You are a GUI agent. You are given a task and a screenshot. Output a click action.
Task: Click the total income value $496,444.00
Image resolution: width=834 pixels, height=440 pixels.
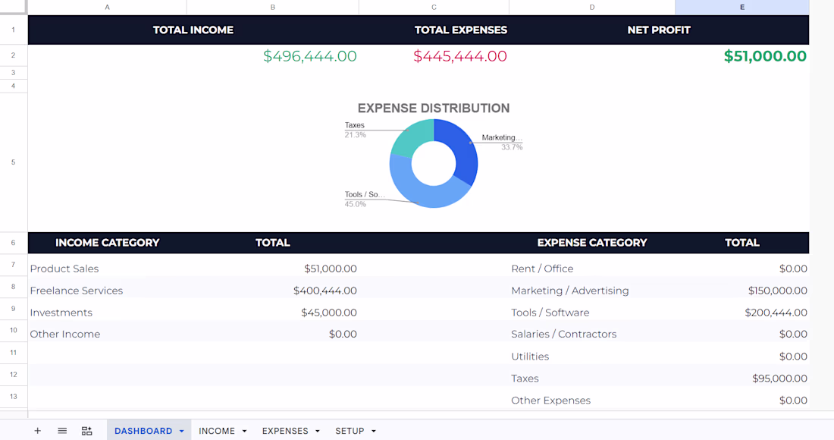click(x=309, y=56)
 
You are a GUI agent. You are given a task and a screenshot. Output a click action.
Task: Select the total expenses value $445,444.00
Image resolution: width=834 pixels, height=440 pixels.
click(x=460, y=56)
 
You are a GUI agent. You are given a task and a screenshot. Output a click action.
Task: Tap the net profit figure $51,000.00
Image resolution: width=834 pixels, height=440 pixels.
click(x=765, y=56)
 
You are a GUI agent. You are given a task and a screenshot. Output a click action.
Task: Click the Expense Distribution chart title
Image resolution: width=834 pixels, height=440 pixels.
click(x=434, y=108)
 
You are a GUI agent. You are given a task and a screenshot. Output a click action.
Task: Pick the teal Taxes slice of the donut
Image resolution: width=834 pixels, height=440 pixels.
click(x=412, y=137)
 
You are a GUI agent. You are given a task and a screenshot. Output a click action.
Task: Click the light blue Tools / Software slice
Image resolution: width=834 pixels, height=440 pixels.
click(x=420, y=186)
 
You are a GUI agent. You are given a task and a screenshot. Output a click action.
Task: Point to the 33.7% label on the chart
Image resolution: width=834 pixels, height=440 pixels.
click(x=512, y=147)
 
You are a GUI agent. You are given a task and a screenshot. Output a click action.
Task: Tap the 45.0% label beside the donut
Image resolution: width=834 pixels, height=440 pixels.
click(x=356, y=204)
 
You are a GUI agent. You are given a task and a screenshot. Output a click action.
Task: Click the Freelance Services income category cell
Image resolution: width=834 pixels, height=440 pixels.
click(x=76, y=291)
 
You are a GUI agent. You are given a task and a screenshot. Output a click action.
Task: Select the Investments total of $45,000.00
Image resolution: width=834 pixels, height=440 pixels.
click(x=329, y=313)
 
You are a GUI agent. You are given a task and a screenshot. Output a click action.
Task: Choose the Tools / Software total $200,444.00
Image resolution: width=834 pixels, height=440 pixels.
click(x=776, y=313)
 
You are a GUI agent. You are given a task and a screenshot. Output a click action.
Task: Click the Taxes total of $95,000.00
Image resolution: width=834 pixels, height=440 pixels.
click(x=779, y=379)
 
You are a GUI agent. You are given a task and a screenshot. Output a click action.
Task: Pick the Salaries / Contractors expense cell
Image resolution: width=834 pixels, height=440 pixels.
click(x=564, y=334)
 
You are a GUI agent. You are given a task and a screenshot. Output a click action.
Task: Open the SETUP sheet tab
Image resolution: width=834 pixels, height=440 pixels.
click(x=356, y=431)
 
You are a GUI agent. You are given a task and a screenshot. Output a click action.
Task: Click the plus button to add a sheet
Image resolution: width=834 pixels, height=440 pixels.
click(x=37, y=431)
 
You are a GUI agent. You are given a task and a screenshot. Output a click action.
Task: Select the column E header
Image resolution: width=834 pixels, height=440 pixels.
click(x=742, y=8)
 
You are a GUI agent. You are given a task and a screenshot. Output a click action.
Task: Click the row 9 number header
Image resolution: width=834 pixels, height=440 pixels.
click(x=14, y=309)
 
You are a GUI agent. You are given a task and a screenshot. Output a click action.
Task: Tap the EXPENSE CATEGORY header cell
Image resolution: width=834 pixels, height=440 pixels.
click(x=592, y=243)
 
